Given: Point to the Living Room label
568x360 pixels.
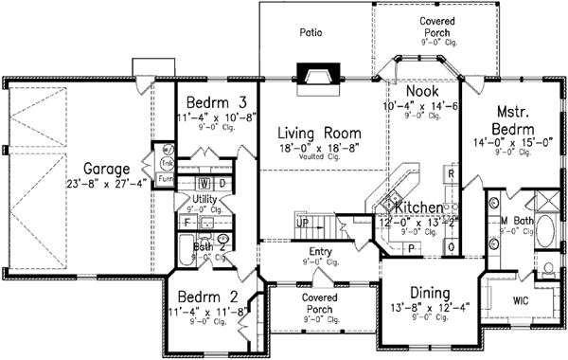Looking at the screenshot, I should tap(308, 134).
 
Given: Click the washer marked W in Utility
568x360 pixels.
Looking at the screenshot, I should tap(204, 182).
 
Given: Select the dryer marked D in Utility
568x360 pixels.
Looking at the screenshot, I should tap(222, 182).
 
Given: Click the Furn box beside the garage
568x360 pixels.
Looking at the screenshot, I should tap(166, 177).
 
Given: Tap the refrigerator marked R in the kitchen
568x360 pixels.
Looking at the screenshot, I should tap(452, 175).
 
